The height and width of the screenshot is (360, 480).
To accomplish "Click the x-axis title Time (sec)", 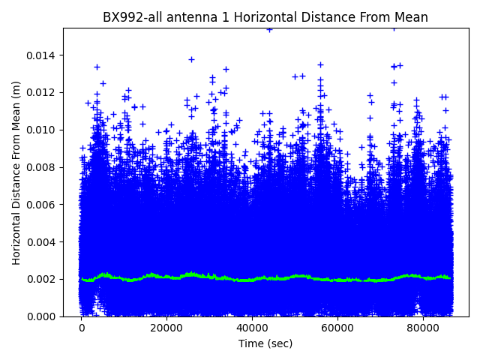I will (265, 343).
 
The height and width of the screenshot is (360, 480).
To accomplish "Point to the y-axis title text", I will (16, 172).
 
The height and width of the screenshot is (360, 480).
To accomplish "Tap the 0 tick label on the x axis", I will (82, 328).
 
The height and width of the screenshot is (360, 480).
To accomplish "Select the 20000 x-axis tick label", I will (166, 328).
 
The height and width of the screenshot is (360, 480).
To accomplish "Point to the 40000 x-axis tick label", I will (252, 328).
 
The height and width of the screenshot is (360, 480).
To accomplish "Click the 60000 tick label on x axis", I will (337, 328).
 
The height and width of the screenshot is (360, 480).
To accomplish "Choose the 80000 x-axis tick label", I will (422, 328).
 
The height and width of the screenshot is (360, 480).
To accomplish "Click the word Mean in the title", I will (410, 17).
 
